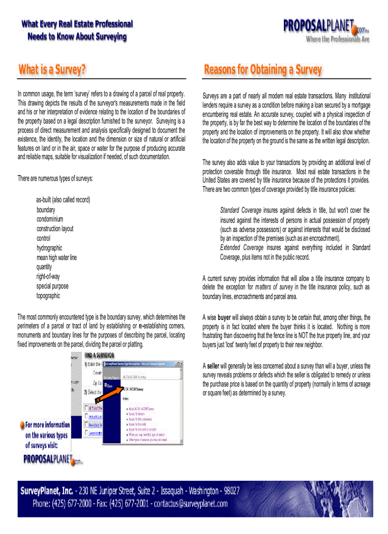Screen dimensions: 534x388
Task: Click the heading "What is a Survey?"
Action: [52, 70]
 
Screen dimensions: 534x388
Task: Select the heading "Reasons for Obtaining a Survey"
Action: [262, 70]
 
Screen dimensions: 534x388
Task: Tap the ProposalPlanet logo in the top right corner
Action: [326, 29]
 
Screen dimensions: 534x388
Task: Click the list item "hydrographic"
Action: [49, 248]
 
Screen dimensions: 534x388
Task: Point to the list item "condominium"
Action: [50, 219]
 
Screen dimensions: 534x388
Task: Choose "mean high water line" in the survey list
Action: [57, 257]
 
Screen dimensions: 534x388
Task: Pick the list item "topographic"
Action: [48, 295]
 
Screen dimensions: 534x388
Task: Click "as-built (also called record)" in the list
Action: [63, 200]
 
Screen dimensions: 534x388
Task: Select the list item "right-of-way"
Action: [48, 276]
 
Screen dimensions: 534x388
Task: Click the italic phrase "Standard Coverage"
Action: [241, 210]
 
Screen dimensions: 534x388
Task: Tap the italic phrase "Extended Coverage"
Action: [242, 248]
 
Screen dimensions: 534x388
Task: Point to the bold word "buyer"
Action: [224, 317]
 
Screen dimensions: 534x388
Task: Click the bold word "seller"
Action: [213, 366]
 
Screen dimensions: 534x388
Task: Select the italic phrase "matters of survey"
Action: [274, 287]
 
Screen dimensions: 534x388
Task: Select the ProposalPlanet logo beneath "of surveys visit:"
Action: [52, 459]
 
